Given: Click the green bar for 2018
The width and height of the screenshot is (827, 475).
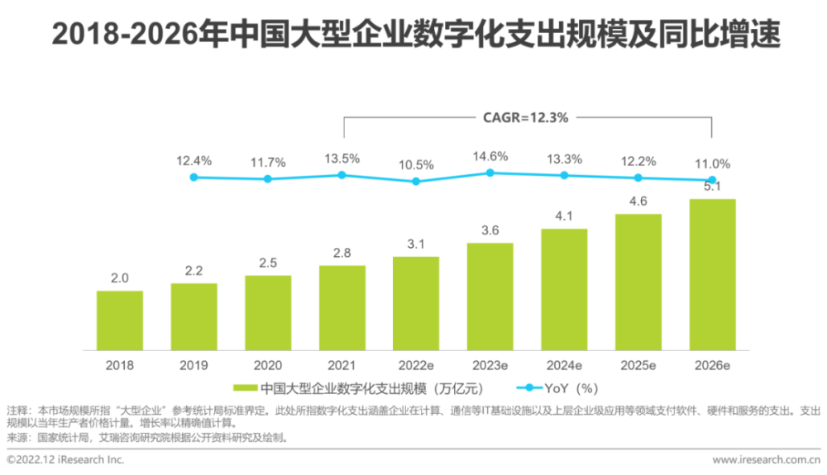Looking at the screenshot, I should click(120, 321).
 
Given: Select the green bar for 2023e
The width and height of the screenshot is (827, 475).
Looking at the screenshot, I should click(490, 297).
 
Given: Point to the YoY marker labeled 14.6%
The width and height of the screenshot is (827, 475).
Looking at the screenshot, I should click(490, 173).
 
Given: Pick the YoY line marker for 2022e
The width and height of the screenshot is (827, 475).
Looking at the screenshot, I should click(416, 181).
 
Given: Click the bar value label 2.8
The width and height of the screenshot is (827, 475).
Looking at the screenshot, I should click(342, 253).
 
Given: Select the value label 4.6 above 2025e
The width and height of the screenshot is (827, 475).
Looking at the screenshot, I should click(638, 201).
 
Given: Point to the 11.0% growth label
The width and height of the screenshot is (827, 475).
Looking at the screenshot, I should click(712, 164).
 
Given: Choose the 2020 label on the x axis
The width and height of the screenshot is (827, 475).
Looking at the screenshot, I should click(268, 364).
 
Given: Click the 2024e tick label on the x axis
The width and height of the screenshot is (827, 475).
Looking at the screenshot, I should click(564, 364).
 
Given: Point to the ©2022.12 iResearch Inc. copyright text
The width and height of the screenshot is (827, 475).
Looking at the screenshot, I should click(65, 459).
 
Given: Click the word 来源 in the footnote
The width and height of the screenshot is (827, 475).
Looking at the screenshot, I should click(17, 437).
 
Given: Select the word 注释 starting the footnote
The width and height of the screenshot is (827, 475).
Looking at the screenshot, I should click(17, 411).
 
